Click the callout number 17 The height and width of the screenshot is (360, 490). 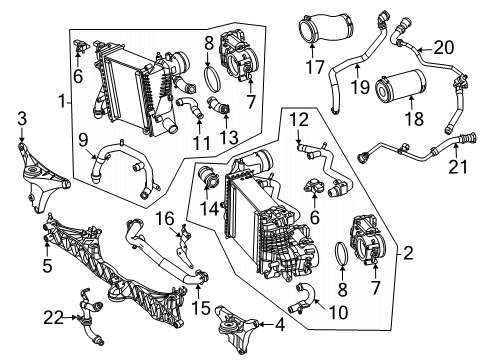pos(315,67)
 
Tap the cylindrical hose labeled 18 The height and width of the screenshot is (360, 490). pos(400,85)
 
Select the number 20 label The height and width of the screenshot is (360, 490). pos(444,47)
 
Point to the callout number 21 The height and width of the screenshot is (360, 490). pos(458,166)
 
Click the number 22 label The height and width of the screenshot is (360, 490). pos(53,318)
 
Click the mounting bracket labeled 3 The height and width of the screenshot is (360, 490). pos(42,177)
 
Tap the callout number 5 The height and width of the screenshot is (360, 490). pos(47,266)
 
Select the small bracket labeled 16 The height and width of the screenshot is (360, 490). pos(185,247)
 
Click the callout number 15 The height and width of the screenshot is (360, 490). pos(201,308)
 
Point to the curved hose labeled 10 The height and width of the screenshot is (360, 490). pos(304,297)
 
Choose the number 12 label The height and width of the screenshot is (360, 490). pos(299,120)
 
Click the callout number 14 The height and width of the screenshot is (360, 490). pos(209,209)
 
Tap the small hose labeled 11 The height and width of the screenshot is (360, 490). pos(190,107)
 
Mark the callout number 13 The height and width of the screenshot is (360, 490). pos(229,137)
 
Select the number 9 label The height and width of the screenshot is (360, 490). pos(83,140)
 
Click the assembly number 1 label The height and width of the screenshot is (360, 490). pos(62,101)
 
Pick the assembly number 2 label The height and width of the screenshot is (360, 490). pos(408,254)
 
